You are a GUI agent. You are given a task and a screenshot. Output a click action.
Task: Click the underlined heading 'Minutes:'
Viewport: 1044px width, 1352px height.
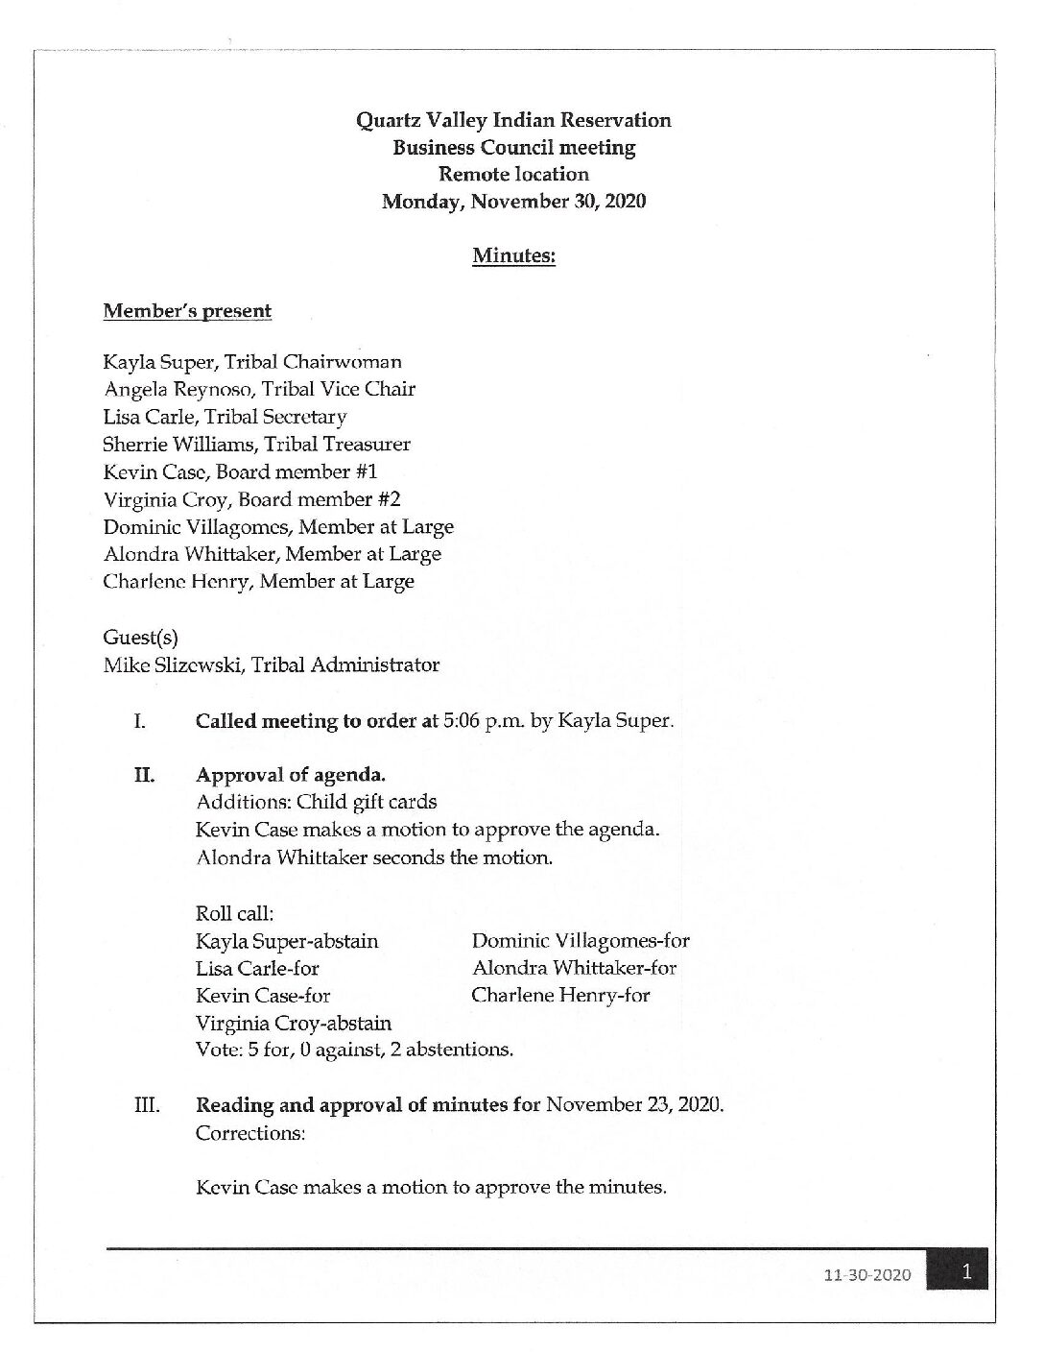513,256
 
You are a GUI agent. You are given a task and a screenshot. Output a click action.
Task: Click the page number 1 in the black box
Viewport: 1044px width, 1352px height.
967,1273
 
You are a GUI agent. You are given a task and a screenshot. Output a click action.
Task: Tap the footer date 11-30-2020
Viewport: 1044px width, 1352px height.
866,1276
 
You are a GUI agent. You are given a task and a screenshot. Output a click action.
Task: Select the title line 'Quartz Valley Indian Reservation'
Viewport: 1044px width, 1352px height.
513,120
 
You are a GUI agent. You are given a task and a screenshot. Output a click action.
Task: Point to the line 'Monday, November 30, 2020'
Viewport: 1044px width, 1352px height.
513,202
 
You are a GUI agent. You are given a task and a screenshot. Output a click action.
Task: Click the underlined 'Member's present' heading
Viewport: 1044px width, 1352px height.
187,311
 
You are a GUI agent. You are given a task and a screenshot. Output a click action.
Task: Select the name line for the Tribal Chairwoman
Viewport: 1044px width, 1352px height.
252,362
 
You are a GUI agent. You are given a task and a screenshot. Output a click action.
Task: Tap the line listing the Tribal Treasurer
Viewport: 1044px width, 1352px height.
256,445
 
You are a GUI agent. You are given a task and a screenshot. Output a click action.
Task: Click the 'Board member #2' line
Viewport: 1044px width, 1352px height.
251,499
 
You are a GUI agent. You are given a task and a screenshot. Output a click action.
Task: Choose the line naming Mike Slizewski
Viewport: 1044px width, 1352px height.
272,664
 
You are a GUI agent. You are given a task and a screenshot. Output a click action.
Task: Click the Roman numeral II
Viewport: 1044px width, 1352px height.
144,775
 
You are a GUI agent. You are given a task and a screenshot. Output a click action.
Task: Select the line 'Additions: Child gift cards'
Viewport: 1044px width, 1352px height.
316,802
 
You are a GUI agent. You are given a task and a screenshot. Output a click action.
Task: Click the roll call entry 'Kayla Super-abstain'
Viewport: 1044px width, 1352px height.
287,941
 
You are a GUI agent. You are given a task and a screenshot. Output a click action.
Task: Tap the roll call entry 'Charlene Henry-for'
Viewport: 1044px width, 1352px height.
560,995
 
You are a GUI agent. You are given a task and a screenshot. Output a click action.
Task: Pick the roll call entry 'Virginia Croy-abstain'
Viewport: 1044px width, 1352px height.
294,1023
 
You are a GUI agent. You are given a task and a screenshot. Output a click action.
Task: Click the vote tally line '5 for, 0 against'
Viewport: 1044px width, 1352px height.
354,1050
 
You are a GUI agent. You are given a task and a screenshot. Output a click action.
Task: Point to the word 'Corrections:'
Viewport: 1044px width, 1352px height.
250,1133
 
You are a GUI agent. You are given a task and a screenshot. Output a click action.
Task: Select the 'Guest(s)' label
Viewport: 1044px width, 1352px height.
140,637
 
